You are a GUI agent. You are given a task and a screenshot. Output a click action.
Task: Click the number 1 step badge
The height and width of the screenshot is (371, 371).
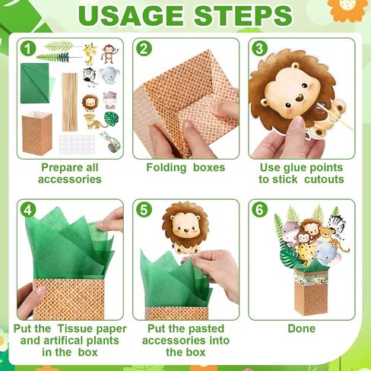pos(28,49)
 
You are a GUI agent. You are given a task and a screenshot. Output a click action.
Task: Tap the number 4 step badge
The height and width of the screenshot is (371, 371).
pos(28,210)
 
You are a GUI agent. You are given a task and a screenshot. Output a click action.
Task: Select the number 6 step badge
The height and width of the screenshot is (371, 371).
pos(259,210)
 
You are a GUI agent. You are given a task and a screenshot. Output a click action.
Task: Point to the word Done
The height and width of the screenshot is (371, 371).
pos(302,328)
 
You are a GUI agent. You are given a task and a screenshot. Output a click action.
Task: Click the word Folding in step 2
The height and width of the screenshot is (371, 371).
pos(166,168)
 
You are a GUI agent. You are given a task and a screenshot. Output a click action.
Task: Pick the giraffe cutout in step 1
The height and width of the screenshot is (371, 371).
pos(90,54)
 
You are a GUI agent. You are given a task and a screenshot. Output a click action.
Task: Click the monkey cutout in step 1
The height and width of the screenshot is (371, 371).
pos(109,53)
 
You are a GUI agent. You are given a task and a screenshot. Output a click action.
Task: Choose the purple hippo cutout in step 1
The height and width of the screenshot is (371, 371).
pos(109,100)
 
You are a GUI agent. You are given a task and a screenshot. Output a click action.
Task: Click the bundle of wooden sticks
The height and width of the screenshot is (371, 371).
pos(70,102)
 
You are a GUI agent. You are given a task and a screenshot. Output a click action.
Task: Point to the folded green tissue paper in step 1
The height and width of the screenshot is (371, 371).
pos(36,83)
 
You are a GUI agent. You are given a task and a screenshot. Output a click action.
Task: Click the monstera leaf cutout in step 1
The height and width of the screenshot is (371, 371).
pos(112,119)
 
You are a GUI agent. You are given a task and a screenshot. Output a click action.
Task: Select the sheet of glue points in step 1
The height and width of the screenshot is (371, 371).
pos(78,144)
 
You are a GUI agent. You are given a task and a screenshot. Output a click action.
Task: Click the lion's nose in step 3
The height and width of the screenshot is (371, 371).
pos(299,98)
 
